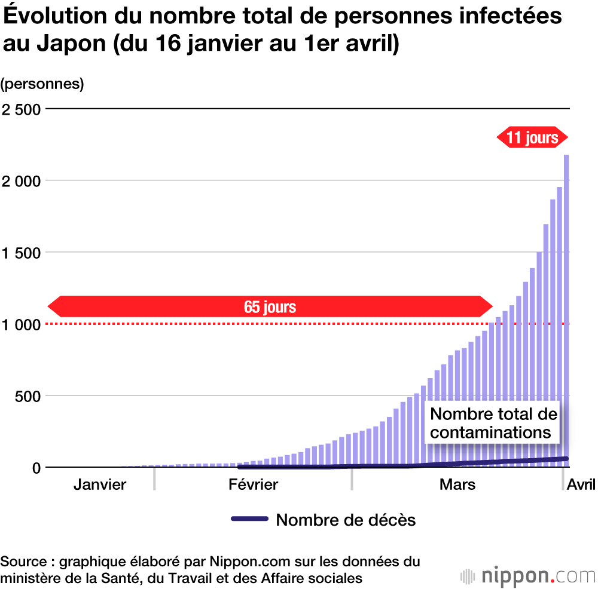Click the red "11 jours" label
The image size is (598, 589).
pyautogui.click(x=532, y=138)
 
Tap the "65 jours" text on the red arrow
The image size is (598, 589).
pyautogui.click(x=270, y=307)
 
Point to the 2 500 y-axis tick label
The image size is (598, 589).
pyautogui.click(x=22, y=109)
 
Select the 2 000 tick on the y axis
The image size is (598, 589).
pyautogui.click(x=22, y=181)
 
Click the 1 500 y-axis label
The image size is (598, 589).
pyautogui.click(x=22, y=253)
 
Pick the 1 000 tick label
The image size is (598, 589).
pyautogui.click(x=22, y=324)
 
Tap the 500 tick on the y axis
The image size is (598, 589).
pyautogui.click(x=28, y=396)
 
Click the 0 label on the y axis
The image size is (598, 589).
pyautogui.click(x=36, y=468)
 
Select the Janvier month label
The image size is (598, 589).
pyautogui.click(x=100, y=484)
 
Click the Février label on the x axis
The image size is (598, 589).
pyautogui.click(x=253, y=484)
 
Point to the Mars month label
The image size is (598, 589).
pyautogui.click(x=457, y=484)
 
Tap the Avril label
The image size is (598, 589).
pyautogui.click(x=581, y=484)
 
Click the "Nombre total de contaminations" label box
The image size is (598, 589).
pyautogui.click(x=493, y=423)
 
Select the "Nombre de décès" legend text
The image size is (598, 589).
pyautogui.click(x=346, y=520)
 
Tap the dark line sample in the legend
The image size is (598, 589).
pyautogui.click(x=249, y=519)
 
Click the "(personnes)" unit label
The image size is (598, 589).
pyautogui.click(x=42, y=84)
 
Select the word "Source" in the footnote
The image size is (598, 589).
pyautogui.click(x=23, y=562)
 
